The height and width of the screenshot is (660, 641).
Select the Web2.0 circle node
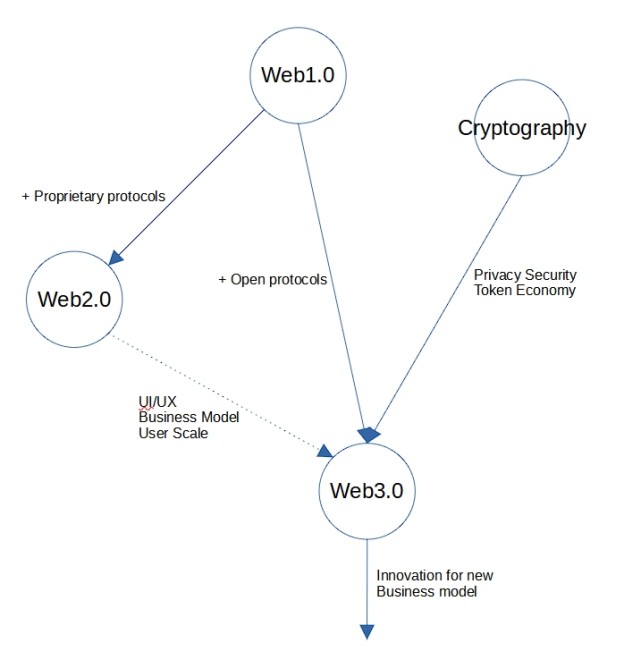coord(74,299)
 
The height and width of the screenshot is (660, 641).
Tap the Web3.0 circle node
coord(366,492)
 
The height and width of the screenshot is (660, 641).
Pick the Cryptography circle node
coord(521,128)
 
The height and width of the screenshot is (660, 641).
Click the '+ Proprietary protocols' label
coord(93,196)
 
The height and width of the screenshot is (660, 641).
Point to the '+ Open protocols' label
coord(272,280)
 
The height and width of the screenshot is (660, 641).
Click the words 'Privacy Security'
coord(525,275)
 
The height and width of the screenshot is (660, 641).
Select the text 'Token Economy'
coord(524,290)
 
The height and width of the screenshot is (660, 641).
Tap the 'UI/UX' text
coord(157,402)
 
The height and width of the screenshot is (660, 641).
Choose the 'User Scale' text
coord(173,433)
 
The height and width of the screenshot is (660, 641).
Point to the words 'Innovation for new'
coord(434,575)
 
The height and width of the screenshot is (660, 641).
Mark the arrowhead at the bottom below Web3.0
coord(366,631)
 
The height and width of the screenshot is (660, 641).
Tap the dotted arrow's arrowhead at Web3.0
coord(324,451)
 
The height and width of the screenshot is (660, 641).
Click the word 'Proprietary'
coord(72,196)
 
